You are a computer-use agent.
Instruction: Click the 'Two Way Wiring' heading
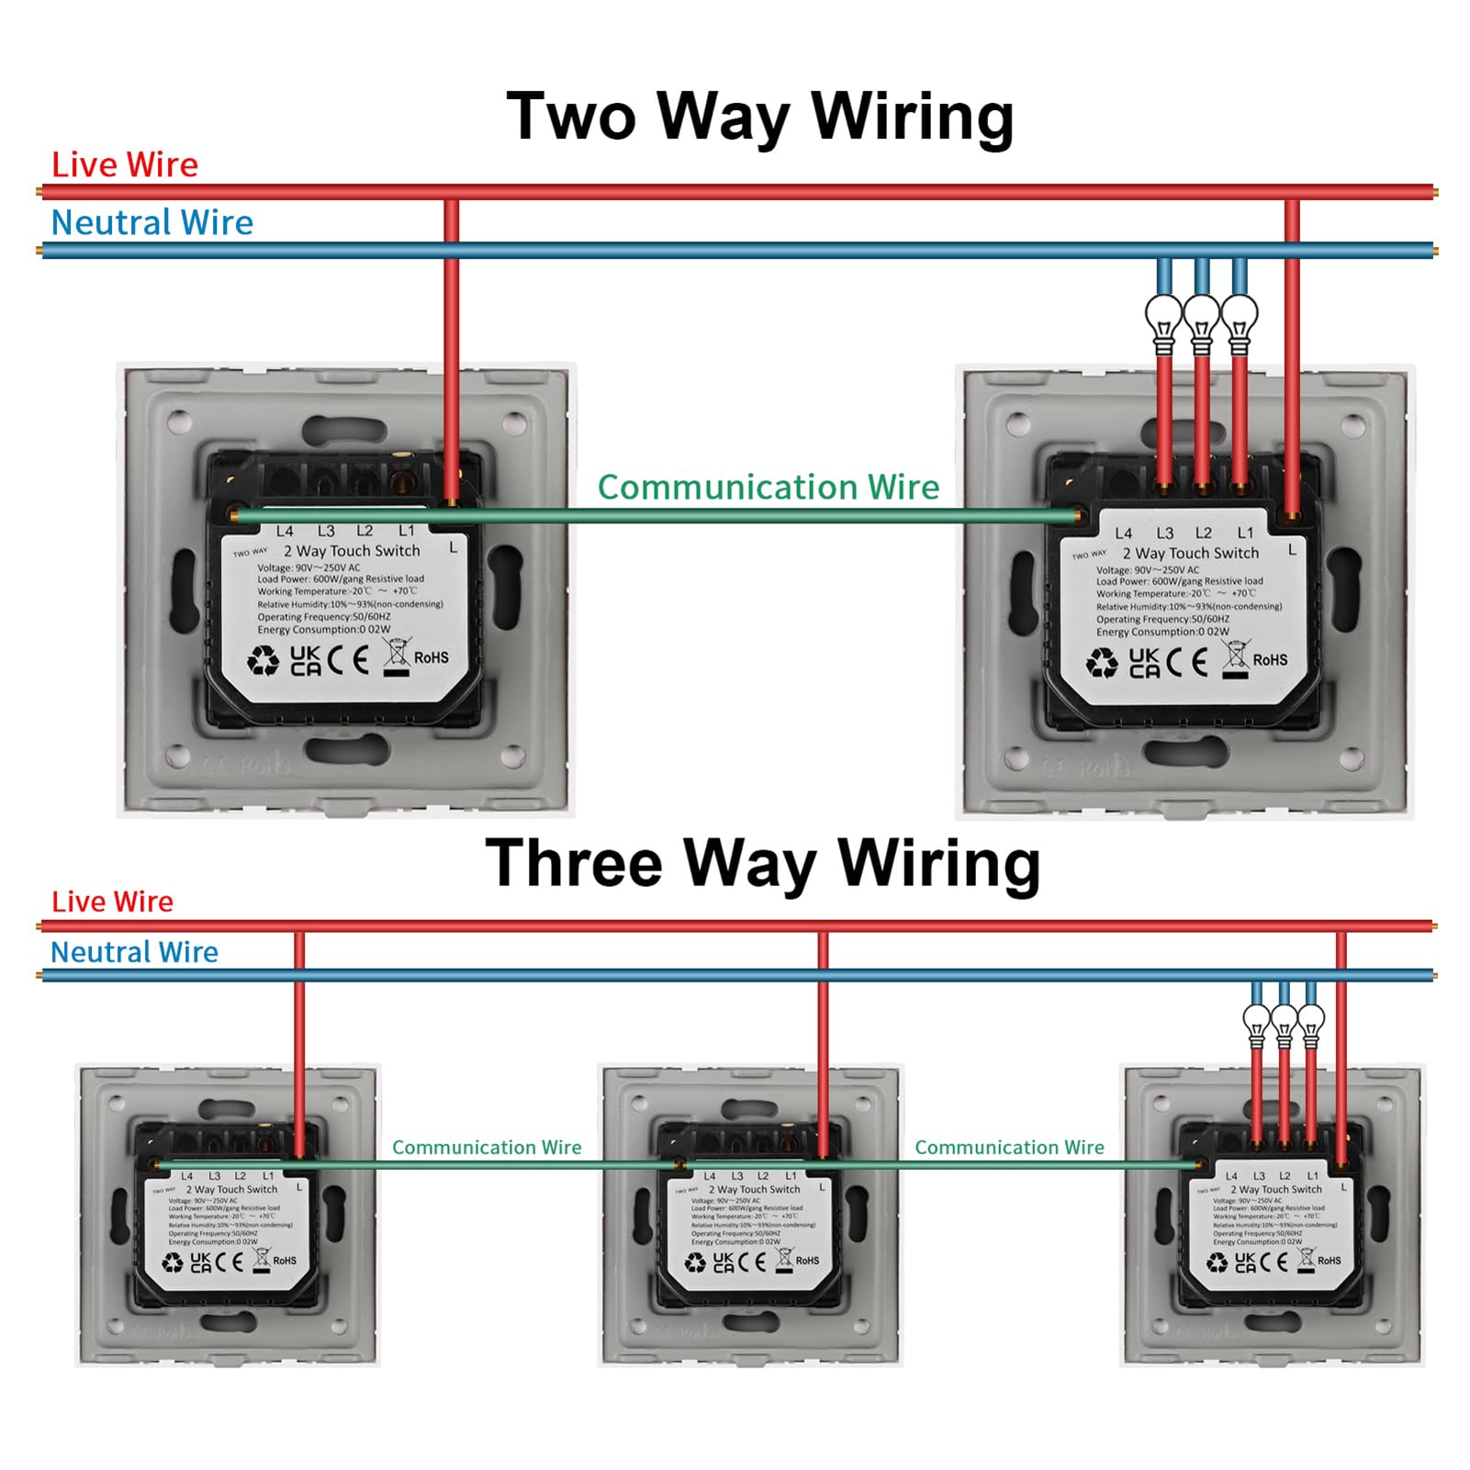tap(760, 117)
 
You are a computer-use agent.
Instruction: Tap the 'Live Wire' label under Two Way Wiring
tap(125, 165)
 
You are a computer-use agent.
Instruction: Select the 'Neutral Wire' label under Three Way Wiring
tap(134, 952)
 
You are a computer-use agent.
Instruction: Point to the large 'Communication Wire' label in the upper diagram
tap(769, 488)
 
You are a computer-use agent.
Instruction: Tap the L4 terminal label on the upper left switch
tap(285, 531)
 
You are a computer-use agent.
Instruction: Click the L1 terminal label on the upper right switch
tap(1245, 533)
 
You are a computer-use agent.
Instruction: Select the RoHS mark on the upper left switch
tap(431, 657)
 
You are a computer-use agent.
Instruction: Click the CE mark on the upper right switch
tap(1187, 661)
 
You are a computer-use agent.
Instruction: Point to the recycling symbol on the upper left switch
tap(264, 660)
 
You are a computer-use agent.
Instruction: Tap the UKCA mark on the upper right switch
tap(1144, 662)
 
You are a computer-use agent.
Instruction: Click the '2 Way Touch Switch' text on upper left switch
tap(352, 551)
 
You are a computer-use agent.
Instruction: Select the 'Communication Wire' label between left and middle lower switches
tap(487, 1147)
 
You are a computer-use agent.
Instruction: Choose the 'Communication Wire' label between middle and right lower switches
tap(1009, 1147)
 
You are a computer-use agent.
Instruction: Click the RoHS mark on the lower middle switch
tap(807, 1261)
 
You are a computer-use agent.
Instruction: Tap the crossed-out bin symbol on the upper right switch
tap(1236, 657)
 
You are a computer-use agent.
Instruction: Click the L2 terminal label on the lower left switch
tap(241, 1175)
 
